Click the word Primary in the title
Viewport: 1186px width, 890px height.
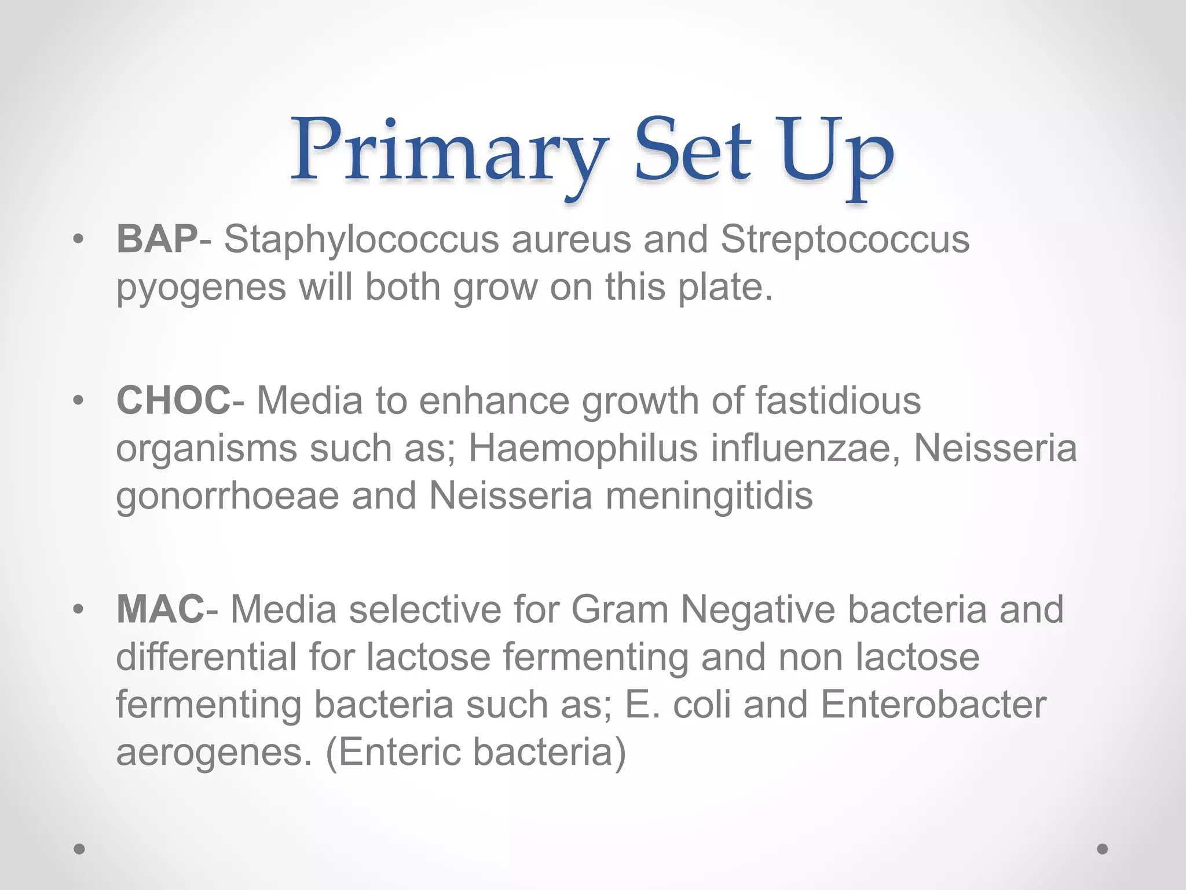[x=449, y=152]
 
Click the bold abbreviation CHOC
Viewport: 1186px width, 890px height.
[x=173, y=400]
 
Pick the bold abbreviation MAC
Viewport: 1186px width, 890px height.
[x=160, y=610]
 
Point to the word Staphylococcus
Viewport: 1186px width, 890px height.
[x=361, y=240]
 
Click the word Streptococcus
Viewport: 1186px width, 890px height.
[x=845, y=240]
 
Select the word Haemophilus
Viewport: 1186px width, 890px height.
[x=583, y=448]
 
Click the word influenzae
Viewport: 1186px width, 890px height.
[x=805, y=448]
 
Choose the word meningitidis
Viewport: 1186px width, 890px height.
[x=709, y=496]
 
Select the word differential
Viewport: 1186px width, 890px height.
[x=206, y=657]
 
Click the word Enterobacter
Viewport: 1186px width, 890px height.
[x=933, y=705]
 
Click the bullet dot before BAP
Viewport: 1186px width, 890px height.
[x=79, y=239]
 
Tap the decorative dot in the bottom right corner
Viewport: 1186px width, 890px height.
[x=1102, y=849]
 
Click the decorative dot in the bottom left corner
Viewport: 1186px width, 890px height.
[x=79, y=849]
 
